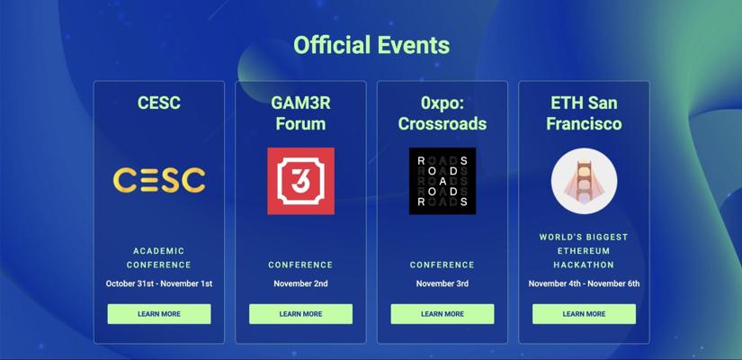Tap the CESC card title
click(159, 103)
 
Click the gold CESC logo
click(159, 181)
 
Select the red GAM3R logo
click(301, 181)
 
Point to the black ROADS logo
click(443, 181)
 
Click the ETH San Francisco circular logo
click(584, 181)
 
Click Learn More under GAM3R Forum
click(301, 314)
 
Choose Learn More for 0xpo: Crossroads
click(443, 314)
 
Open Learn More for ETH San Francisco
click(584, 314)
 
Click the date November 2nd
click(301, 283)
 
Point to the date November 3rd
click(443, 283)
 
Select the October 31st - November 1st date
click(159, 283)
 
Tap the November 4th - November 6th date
click(584, 283)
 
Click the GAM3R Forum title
click(301, 113)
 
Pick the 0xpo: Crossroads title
click(443, 113)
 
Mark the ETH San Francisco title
click(584, 113)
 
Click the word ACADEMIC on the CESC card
click(159, 251)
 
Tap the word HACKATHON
click(584, 265)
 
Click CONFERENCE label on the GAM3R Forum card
click(301, 265)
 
